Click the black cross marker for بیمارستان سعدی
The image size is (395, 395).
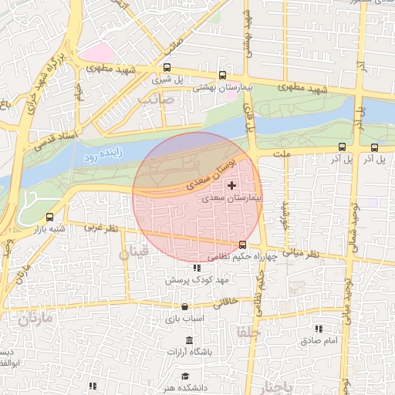click(x=232, y=186)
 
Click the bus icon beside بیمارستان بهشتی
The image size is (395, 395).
click(x=223, y=76)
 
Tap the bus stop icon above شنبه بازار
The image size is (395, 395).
click(x=50, y=217)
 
